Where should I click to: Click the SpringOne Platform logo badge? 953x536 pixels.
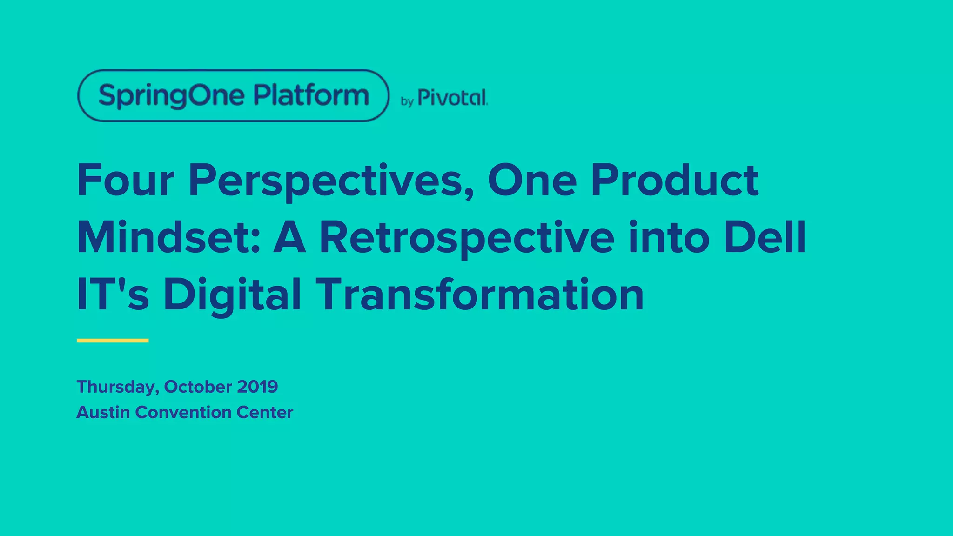point(233,95)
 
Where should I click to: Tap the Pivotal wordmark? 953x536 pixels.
point(452,98)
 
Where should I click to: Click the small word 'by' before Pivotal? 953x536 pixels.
point(407,101)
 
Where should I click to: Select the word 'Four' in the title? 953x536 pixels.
point(126,181)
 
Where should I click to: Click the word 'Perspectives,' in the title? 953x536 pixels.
point(331,181)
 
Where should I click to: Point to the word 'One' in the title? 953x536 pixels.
point(532,181)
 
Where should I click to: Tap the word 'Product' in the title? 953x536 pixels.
point(675,181)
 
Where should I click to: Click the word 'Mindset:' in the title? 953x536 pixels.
point(168,238)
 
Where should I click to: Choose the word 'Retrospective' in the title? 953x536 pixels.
point(467,239)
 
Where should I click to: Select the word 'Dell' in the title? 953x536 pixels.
point(765,238)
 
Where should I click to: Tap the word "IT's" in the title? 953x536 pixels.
point(113,295)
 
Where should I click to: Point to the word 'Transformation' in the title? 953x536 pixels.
point(480,295)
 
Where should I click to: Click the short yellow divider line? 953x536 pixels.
point(113,341)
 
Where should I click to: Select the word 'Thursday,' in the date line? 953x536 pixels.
point(118,387)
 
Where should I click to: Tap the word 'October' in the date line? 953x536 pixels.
point(198,387)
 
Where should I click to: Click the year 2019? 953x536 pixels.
point(257,387)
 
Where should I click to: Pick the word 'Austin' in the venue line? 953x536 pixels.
point(103,412)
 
